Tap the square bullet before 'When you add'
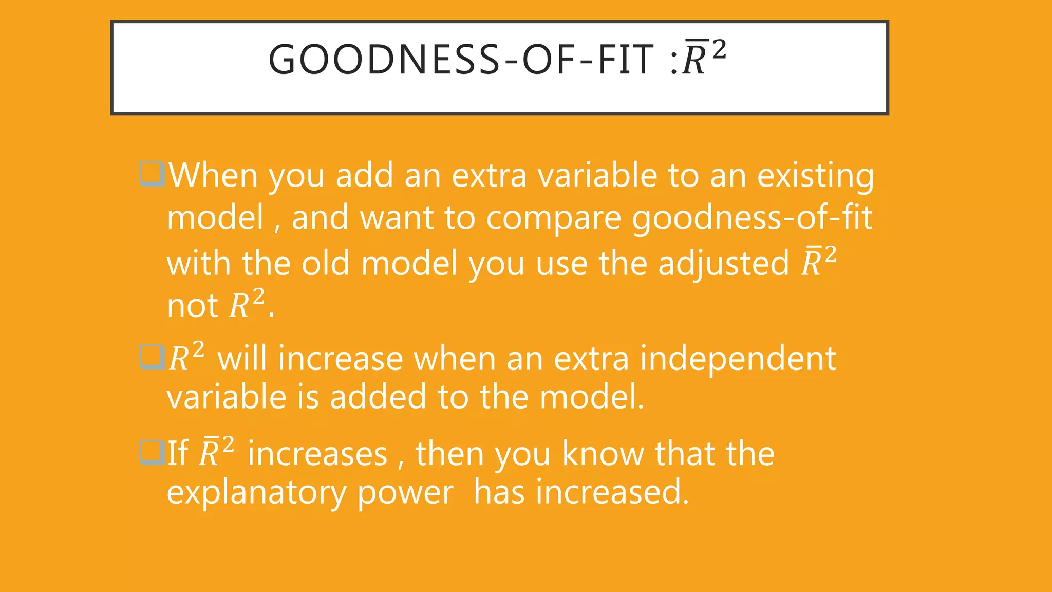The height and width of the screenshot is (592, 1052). pyautogui.click(x=152, y=175)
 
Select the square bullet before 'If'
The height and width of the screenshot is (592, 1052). pyautogui.click(x=152, y=453)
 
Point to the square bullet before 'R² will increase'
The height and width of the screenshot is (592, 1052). pyautogui.click(x=152, y=357)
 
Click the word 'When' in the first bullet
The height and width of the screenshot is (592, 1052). pyautogui.click(x=213, y=176)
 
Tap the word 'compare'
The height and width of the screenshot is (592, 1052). pyautogui.click(x=554, y=219)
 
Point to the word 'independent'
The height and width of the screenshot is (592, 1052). pyautogui.click(x=738, y=358)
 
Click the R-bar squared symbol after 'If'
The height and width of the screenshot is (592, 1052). pyautogui.click(x=216, y=453)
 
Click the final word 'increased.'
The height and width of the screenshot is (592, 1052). pyautogui.click(x=612, y=492)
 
